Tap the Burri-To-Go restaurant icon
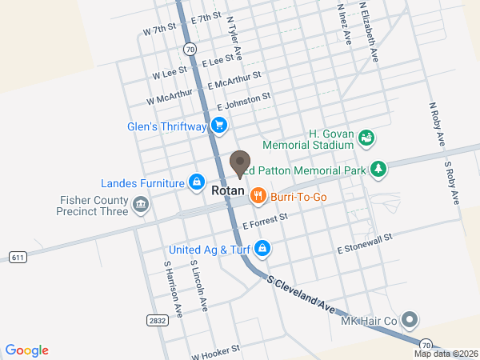coord(258,194)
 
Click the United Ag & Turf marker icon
coord(262,249)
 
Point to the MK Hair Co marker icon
coord(410,321)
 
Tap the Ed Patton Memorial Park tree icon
coord(378,169)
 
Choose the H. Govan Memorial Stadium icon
coord(366,138)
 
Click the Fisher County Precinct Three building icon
coord(141,206)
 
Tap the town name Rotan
coord(228,192)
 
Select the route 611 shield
coord(18,257)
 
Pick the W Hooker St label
coord(215,351)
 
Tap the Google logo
coord(27,350)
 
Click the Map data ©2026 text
coord(445,354)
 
